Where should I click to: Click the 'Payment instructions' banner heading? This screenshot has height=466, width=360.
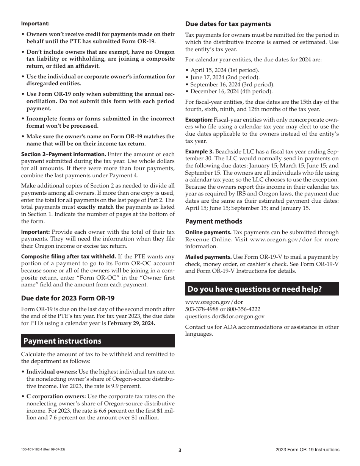pos(63,341)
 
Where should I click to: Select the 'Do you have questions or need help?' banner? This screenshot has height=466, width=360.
pos(254,289)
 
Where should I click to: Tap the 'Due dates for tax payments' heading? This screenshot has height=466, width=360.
pos(228,24)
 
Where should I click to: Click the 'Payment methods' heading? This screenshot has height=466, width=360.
pos(214,221)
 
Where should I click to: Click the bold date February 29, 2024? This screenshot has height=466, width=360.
pos(131,323)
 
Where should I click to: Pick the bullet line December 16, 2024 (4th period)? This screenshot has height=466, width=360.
pos(231,91)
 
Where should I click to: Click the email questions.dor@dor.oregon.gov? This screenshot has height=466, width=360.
pos(225,316)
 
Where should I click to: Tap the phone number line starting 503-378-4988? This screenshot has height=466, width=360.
pos(222,309)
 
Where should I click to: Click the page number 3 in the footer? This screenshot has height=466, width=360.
pos(180,450)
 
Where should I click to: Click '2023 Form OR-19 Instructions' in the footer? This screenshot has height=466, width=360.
pos(307,450)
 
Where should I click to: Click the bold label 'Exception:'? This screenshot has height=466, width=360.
pos(199,120)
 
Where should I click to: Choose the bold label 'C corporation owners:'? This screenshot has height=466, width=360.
pos(56,396)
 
